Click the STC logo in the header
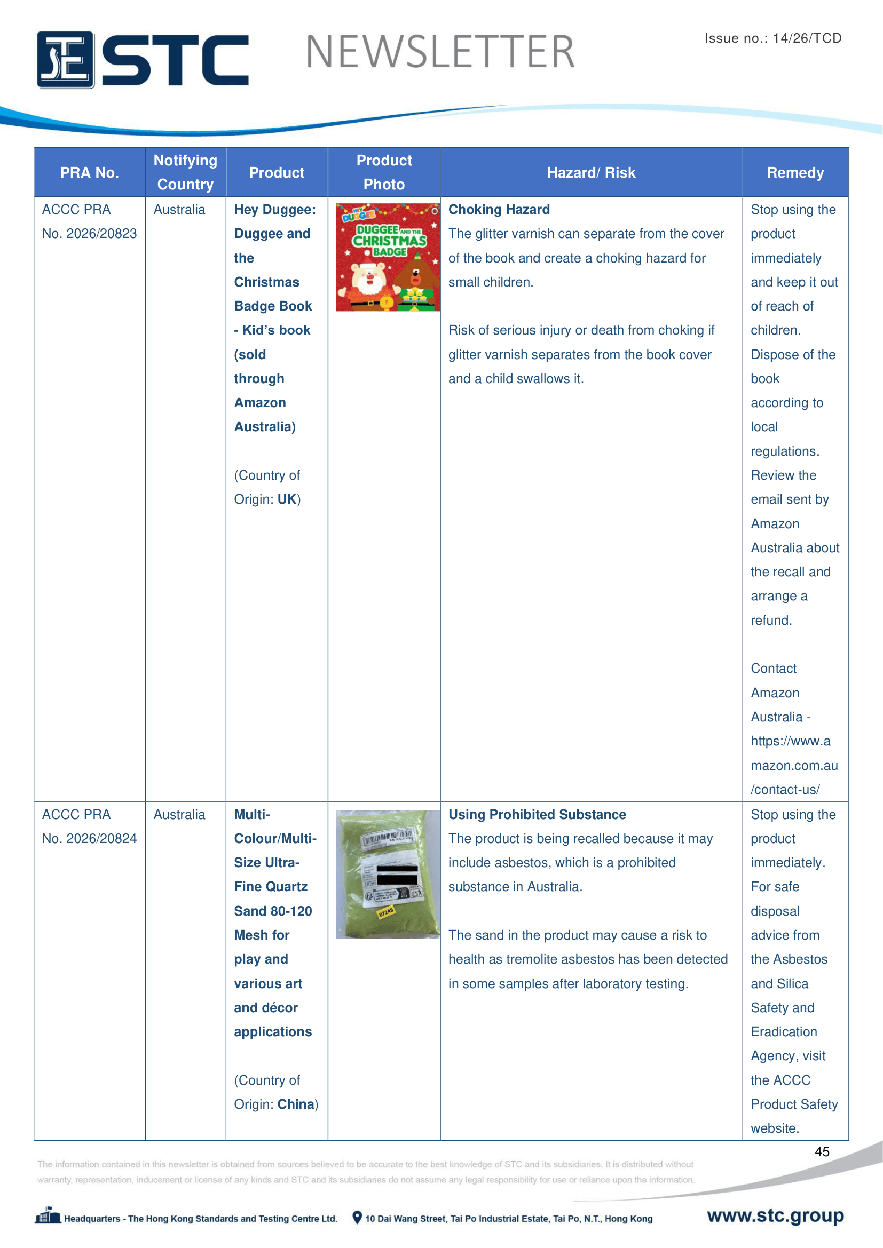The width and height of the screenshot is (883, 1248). (x=143, y=59)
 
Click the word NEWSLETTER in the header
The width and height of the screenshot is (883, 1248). (x=440, y=52)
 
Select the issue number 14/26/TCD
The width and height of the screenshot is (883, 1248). (x=807, y=38)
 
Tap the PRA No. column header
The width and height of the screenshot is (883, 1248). (x=89, y=173)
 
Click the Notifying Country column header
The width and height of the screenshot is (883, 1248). (x=185, y=172)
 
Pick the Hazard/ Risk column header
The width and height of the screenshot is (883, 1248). (x=591, y=173)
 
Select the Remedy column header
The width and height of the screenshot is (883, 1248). (x=795, y=173)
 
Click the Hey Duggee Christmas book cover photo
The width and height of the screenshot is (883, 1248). (x=387, y=257)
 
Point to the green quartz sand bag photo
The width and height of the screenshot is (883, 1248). (x=387, y=873)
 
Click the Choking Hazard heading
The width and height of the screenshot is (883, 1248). (x=499, y=210)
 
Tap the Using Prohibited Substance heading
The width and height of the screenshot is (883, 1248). (x=537, y=814)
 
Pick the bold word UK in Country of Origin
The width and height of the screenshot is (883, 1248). (x=287, y=499)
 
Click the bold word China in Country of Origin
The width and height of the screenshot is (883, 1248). (x=296, y=1104)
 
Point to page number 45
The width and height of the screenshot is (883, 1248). (x=822, y=1151)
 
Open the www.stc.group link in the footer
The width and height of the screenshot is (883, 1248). (x=775, y=1215)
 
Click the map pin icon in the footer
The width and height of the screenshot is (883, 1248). (x=357, y=1218)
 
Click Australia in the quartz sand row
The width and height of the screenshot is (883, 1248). (x=179, y=814)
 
